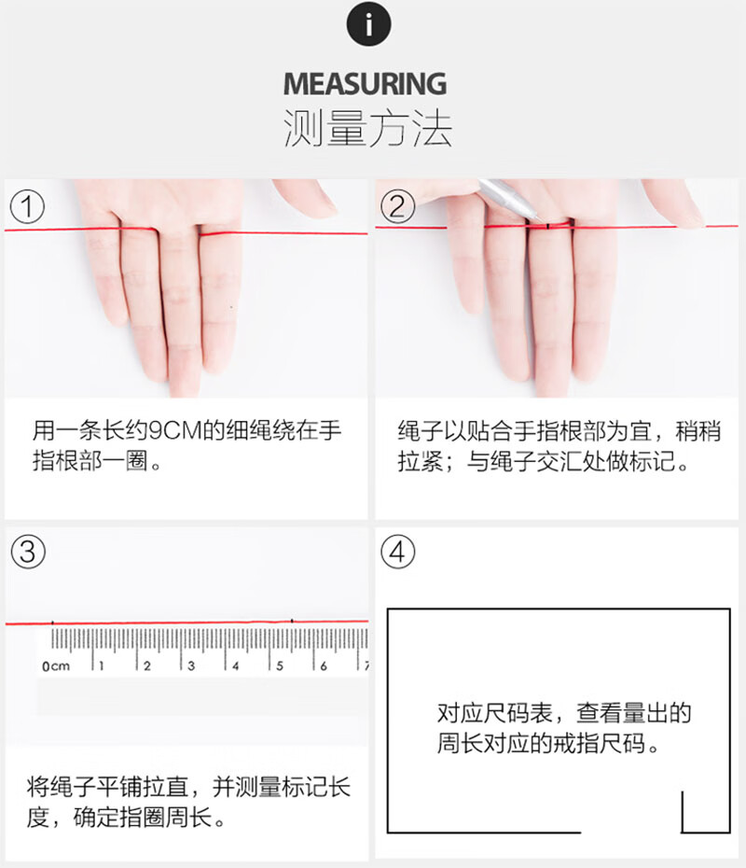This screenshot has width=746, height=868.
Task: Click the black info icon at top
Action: (x=369, y=24)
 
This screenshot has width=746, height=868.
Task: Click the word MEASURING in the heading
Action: (x=365, y=84)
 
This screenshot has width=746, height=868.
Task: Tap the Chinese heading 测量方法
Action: (x=367, y=129)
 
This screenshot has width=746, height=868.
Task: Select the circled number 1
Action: (x=27, y=206)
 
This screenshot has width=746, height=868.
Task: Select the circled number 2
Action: (x=397, y=206)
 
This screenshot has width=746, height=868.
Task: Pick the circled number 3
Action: (x=28, y=552)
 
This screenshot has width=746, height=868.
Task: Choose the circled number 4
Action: (x=397, y=552)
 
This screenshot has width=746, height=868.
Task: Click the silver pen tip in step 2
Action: (x=535, y=218)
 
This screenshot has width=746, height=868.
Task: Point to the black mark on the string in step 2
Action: (x=547, y=225)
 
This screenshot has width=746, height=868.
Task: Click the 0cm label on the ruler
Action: (x=56, y=666)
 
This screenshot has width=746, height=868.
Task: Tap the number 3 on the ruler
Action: (x=191, y=665)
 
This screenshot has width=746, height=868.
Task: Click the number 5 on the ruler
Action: (x=280, y=665)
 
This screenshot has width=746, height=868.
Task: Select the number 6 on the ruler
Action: (x=324, y=665)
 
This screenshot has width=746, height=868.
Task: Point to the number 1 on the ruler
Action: (x=102, y=665)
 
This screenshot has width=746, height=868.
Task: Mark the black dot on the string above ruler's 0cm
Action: (x=52, y=623)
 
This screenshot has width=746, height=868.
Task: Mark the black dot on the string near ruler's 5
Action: (x=292, y=621)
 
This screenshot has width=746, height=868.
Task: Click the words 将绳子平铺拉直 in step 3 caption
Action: (x=108, y=787)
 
